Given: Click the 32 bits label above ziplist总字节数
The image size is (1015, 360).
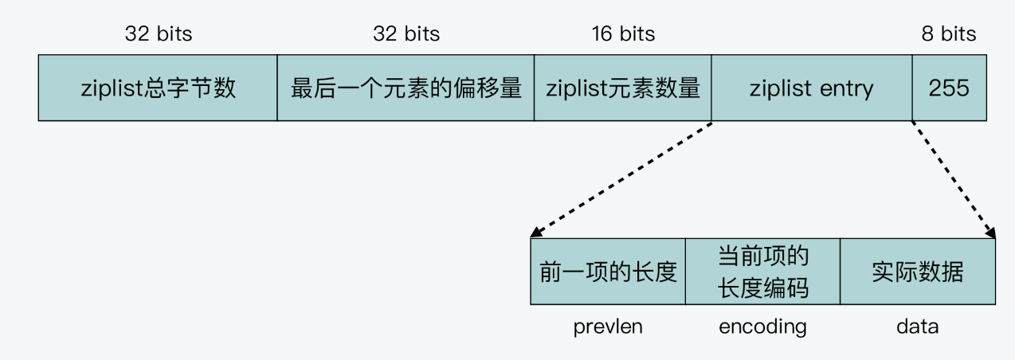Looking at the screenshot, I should (x=159, y=34).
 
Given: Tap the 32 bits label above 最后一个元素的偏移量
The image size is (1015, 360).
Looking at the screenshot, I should (x=406, y=34).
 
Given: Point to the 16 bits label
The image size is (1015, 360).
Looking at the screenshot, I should (x=623, y=34).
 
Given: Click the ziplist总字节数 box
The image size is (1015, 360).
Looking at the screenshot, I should (x=158, y=88).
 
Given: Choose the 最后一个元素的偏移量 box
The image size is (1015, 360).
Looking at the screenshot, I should (x=406, y=88).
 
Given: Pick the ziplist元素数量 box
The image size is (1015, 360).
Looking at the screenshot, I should (x=623, y=88).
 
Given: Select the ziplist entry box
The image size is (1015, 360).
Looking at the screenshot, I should (x=812, y=88).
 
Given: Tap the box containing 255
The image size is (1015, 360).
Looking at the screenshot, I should (x=949, y=88).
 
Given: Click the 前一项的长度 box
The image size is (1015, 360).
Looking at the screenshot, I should (x=608, y=272).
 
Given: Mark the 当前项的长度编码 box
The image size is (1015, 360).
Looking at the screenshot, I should (x=762, y=272).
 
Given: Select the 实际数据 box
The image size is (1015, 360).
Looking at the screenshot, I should (x=917, y=272).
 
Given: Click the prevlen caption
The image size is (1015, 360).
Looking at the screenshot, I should (x=608, y=327).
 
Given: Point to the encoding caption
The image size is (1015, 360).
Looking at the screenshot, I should (x=762, y=327).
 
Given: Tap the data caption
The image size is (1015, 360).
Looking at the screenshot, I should (x=917, y=327).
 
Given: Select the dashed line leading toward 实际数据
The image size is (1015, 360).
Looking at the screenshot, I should (x=953, y=176).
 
